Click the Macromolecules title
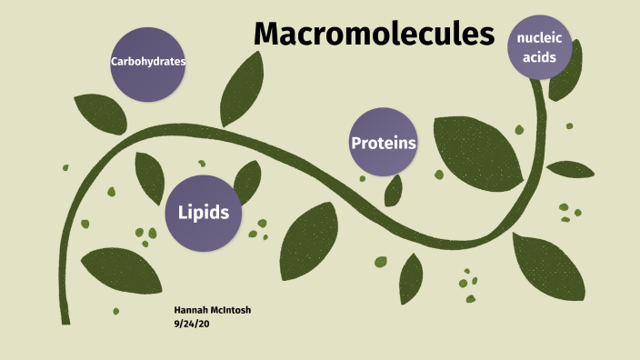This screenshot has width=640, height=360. pyautogui.click(x=374, y=35)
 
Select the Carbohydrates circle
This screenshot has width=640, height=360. pyautogui.click(x=147, y=63)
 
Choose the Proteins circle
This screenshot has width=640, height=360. pyautogui.click(x=383, y=143)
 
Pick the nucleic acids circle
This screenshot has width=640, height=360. pyautogui.click(x=539, y=46)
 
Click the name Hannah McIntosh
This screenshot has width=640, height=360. pyautogui.click(x=212, y=310)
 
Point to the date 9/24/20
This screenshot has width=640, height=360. pyautogui.click(x=192, y=324)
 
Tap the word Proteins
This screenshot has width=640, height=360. pyautogui.click(x=384, y=143)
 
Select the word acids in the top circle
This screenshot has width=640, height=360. pyautogui.click(x=539, y=56)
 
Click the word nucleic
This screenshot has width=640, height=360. pyautogui.click(x=539, y=36)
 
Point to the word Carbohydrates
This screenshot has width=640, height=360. pyautogui.click(x=147, y=63)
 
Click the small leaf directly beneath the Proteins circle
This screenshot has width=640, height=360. pyautogui.click(x=394, y=190)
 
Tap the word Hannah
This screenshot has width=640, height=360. pyautogui.click(x=191, y=310)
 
